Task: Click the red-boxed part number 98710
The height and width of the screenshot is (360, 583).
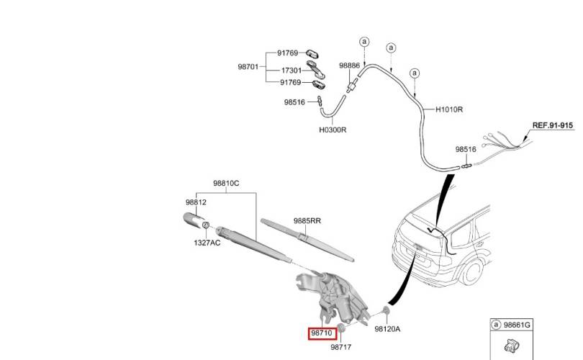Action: (322, 333)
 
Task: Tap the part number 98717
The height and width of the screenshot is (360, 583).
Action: (341, 347)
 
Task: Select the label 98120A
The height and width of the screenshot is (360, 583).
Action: (387, 329)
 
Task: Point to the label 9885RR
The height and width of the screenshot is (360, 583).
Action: (307, 221)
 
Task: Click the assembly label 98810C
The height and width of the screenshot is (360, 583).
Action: (226, 184)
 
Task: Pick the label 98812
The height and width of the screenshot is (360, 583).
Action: (196, 202)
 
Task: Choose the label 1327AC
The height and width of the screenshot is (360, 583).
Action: (207, 243)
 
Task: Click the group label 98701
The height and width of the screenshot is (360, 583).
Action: (248, 67)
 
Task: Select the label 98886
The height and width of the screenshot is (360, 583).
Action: (350, 66)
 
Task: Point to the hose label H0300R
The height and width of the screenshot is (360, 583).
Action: (333, 130)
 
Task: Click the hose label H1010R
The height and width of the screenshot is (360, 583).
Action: (449, 109)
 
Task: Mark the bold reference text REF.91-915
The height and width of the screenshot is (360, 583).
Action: (553, 125)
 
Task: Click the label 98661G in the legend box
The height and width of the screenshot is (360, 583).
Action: (517, 325)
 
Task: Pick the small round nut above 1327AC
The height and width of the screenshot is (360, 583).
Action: (205, 225)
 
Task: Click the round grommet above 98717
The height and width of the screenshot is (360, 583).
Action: (340, 328)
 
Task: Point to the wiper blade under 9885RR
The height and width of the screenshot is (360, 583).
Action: (307, 240)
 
